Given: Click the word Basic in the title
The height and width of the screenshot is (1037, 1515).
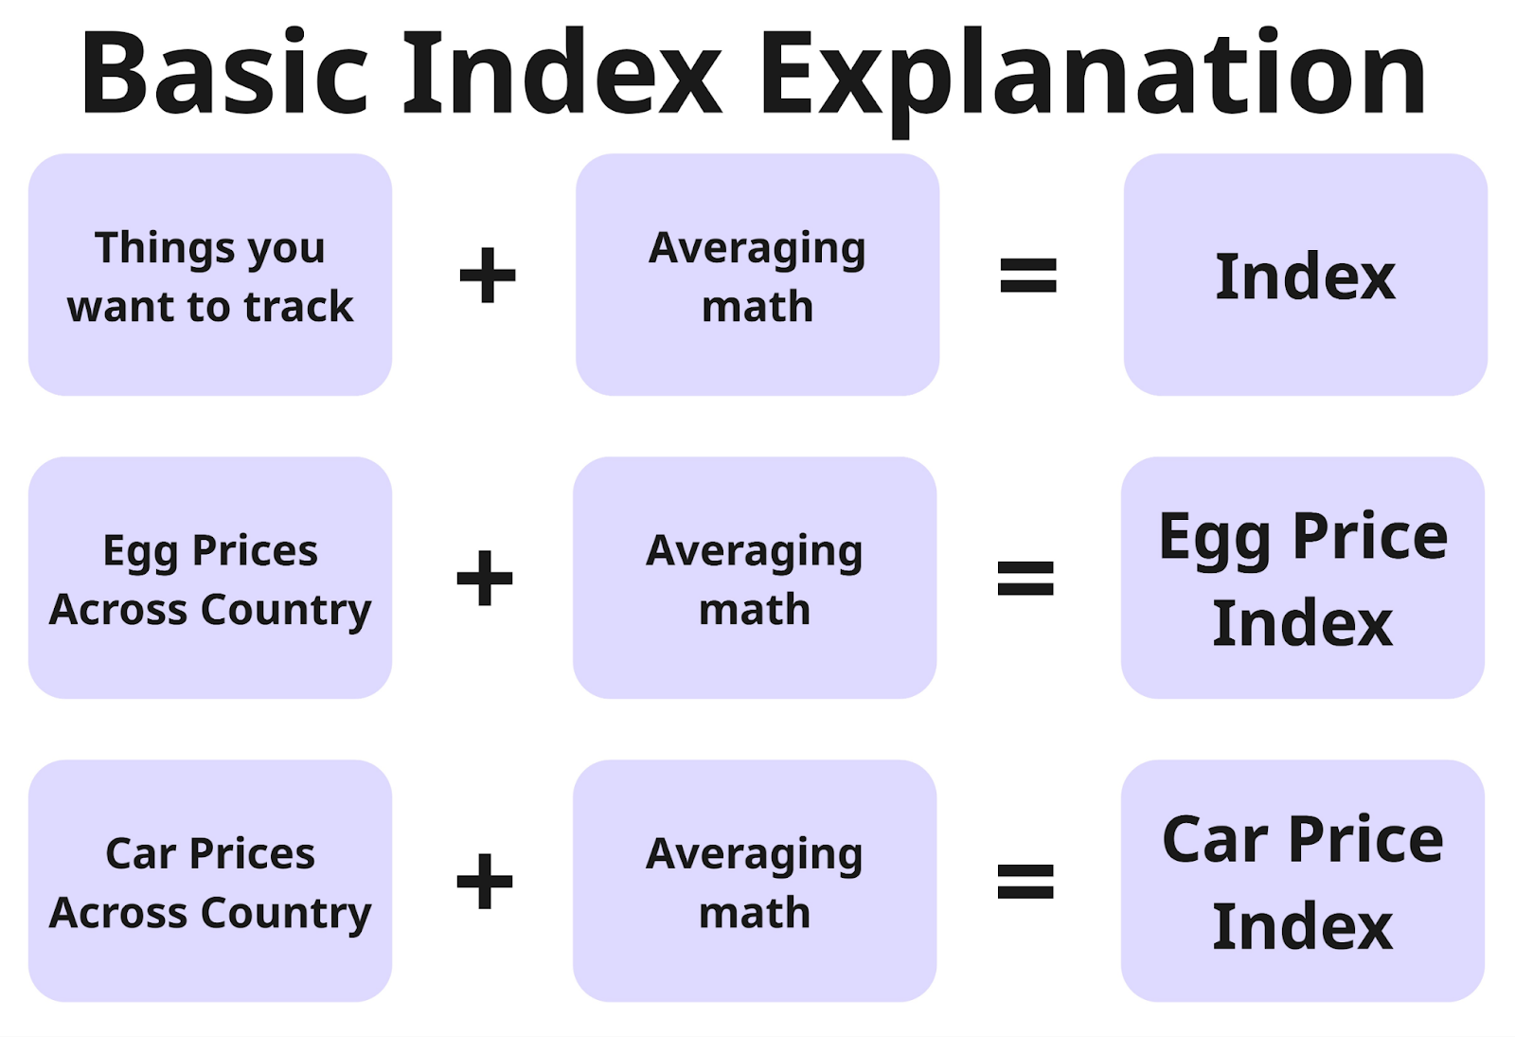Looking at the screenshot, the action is tap(224, 72).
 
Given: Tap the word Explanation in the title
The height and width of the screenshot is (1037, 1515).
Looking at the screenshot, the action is tap(1094, 81).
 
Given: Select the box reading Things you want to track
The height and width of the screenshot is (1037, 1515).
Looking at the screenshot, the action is tap(209, 275).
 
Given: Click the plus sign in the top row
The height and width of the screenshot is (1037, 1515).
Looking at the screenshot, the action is tap(487, 275).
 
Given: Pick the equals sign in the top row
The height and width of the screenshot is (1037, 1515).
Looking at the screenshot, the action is tap(1028, 275).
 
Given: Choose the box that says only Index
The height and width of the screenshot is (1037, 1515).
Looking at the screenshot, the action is tap(1306, 275).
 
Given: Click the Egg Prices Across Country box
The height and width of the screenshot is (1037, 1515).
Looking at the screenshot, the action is tap(209, 578).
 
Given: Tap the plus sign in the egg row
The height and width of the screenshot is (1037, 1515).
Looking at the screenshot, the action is tap(485, 578).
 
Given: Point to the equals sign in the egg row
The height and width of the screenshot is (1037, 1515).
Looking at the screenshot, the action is tap(1026, 578).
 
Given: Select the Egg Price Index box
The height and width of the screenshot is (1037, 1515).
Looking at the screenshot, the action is tap(1303, 578).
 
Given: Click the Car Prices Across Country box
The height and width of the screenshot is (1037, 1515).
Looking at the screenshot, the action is tap(209, 881).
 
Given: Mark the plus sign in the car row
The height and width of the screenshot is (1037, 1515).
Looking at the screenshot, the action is tap(485, 881).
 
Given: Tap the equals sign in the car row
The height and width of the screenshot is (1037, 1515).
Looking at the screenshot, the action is tap(1026, 881).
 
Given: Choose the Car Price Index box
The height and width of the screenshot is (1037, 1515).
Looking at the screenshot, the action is tap(1303, 881).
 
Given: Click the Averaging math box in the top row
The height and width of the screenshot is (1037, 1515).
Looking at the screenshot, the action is tap(757, 275).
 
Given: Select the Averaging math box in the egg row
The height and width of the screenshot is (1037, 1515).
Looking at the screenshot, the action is tap(755, 578).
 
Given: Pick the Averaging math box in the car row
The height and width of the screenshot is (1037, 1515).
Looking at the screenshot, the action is tap(755, 881).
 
